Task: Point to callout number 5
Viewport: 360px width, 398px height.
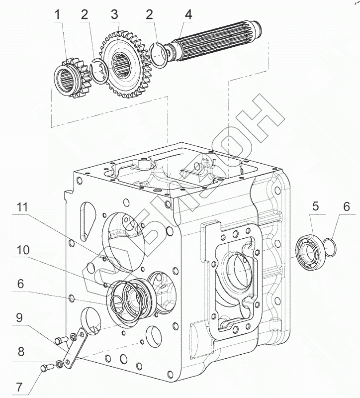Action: [x=315, y=205]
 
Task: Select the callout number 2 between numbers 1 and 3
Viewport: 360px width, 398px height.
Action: [x=85, y=14]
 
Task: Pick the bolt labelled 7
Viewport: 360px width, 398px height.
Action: [x=45, y=369]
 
